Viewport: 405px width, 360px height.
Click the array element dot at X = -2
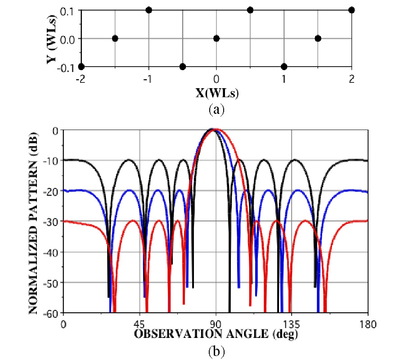pyautogui.click(x=81, y=67)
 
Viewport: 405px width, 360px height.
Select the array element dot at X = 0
pyautogui.click(x=216, y=38)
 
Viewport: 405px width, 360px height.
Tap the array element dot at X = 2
pyautogui.click(x=351, y=10)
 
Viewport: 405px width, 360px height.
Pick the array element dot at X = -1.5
pyautogui.click(x=115, y=38)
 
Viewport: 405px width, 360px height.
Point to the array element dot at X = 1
pyautogui.click(x=284, y=67)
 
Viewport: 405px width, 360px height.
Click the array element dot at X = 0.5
pyautogui.click(x=250, y=10)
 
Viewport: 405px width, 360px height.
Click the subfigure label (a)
pyautogui.click(x=216, y=108)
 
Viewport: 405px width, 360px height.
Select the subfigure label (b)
pyautogui.click(x=216, y=350)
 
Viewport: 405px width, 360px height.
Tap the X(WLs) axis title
pyautogui.click(x=216, y=94)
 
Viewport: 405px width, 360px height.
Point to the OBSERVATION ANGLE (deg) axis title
pyautogui.click(x=216, y=334)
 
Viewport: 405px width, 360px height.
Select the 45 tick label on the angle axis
pyautogui.click(x=139, y=323)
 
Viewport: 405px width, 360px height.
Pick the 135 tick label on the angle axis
pyautogui.click(x=292, y=323)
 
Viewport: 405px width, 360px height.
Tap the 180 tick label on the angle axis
pyautogui.click(x=368, y=323)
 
